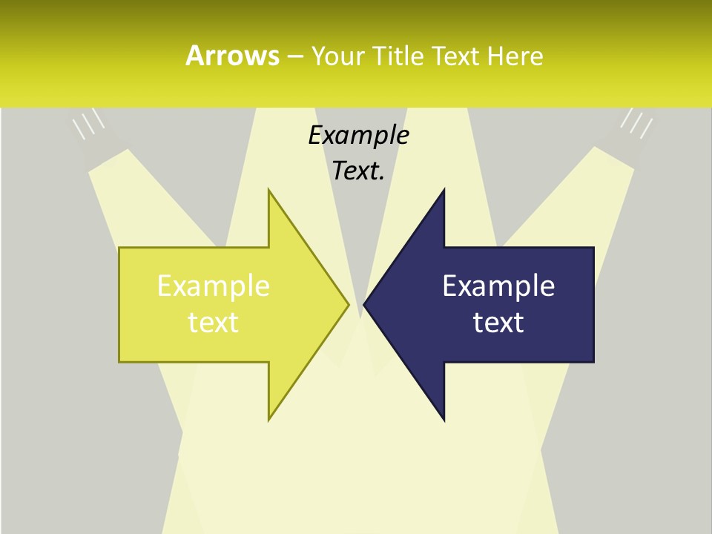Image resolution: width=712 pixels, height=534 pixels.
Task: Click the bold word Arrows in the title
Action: click(x=232, y=56)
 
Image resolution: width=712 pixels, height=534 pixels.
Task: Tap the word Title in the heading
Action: click(x=398, y=56)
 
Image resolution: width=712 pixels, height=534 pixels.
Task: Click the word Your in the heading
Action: click(x=339, y=56)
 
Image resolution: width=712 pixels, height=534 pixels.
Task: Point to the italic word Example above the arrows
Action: click(x=358, y=136)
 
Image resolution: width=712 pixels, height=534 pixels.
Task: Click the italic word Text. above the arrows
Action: click(x=358, y=171)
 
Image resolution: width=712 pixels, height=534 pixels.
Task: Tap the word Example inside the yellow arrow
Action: click(x=214, y=286)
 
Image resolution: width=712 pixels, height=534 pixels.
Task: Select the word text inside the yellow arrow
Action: click(x=214, y=322)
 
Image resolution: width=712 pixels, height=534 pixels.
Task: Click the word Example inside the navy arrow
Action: click(x=498, y=286)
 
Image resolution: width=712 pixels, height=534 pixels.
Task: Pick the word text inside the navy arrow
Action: click(x=498, y=322)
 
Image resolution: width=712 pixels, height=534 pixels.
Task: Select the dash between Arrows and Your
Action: click(x=294, y=56)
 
